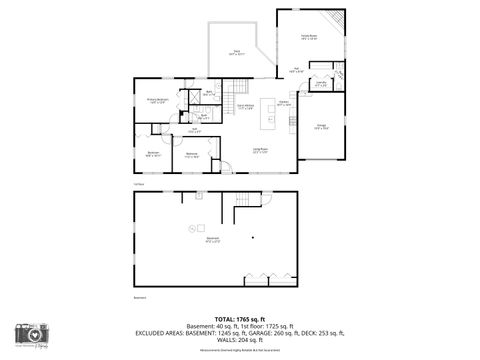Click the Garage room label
[320, 127]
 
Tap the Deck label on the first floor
[236, 53]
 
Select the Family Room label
[309, 37]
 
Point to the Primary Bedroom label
[157, 100]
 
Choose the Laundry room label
[319, 85]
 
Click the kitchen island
[268, 120]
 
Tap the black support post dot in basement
[254, 237]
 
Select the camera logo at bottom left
[33, 335]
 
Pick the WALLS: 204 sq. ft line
[240, 340]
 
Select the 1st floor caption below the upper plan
[138, 184]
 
